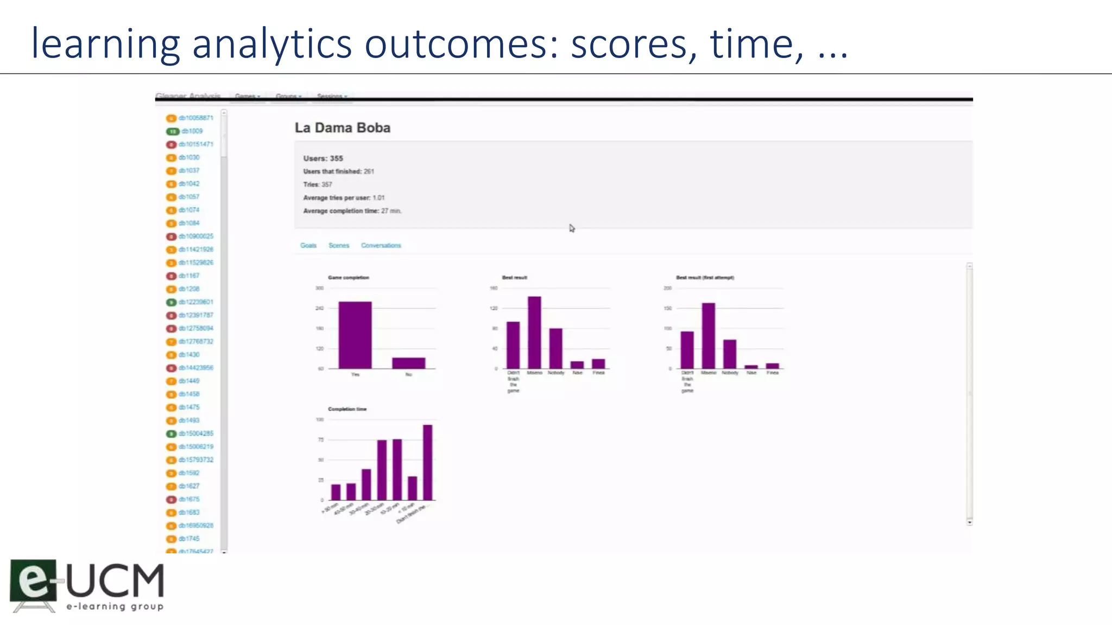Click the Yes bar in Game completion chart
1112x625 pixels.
(x=355, y=335)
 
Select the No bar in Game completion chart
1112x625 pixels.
(x=408, y=363)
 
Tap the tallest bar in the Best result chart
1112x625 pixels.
(x=534, y=332)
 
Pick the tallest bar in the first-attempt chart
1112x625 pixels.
(x=708, y=335)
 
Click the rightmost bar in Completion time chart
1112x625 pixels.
(x=428, y=462)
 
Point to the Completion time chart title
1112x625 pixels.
(x=347, y=409)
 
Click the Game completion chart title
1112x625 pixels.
(x=348, y=277)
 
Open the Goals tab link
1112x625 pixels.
(x=308, y=246)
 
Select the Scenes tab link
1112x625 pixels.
(x=339, y=246)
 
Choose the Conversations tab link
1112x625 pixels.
(x=381, y=246)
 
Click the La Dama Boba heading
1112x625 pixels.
(x=342, y=128)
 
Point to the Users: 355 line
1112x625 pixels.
(x=323, y=158)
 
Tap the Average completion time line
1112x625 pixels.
(x=352, y=211)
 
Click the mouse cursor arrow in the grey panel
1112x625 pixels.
(x=572, y=228)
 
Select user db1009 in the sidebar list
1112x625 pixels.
(x=192, y=131)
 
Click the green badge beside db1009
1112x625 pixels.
(x=172, y=131)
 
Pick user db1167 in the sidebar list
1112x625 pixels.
(x=189, y=276)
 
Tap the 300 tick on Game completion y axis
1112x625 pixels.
(x=319, y=288)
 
